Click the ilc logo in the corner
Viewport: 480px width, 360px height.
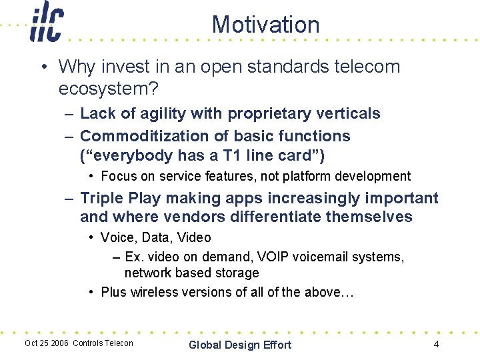(x=46, y=23)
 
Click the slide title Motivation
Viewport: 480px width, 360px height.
(x=265, y=25)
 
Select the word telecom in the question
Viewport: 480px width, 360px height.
(x=368, y=67)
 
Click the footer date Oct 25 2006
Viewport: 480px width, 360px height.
(x=47, y=343)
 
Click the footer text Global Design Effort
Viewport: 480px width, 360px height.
(x=240, y=345)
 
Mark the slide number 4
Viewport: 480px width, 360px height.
(x=436, y=345)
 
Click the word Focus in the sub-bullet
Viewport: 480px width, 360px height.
(x=118, y=177)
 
